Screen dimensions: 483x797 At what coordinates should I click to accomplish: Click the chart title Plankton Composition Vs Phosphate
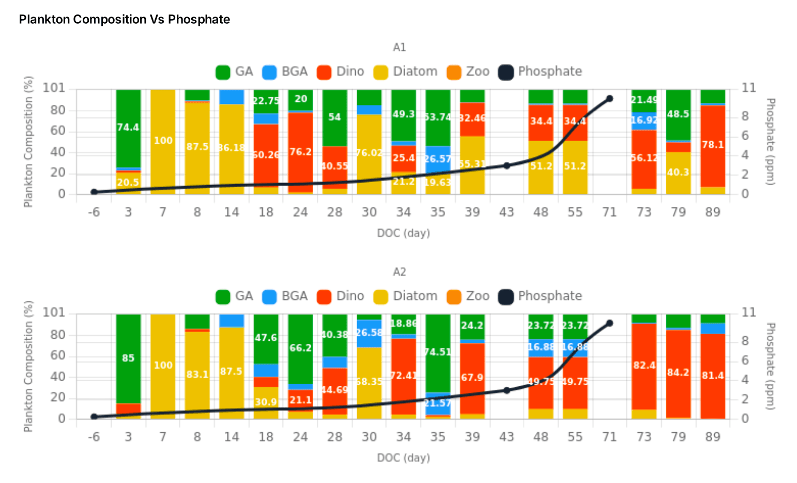coord(125,20)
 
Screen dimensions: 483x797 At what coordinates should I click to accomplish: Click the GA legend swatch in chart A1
coord(223,72)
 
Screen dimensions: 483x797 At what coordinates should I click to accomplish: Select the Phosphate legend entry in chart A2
coord(540,296)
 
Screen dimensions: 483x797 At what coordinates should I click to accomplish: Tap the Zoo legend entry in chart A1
coord(468,72)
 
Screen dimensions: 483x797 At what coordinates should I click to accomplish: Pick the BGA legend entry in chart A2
coord(285,296)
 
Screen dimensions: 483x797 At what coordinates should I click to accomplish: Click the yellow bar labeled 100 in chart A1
coord(163,141)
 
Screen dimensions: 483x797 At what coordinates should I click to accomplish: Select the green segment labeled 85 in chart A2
coord(128,358)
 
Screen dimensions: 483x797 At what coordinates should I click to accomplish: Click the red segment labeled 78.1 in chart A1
coord(713,145)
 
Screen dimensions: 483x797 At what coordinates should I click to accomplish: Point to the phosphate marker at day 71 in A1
coord(609,98)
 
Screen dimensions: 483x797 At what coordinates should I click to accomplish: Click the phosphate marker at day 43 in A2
coord(507,390)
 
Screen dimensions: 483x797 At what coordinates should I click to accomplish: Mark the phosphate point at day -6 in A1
coord(94,192)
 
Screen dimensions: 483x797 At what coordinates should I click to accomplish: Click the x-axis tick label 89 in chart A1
coord(713,213)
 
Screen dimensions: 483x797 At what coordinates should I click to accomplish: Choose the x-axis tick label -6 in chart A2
coord(94,437)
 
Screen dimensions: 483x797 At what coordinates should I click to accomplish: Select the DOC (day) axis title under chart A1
coord(403,233)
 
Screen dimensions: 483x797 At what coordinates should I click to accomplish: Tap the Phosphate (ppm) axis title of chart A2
coord(770,366)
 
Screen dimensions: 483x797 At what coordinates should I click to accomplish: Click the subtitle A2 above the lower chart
coord(400,272)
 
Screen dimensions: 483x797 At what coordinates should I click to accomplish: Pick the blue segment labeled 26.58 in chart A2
coord(369,334)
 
